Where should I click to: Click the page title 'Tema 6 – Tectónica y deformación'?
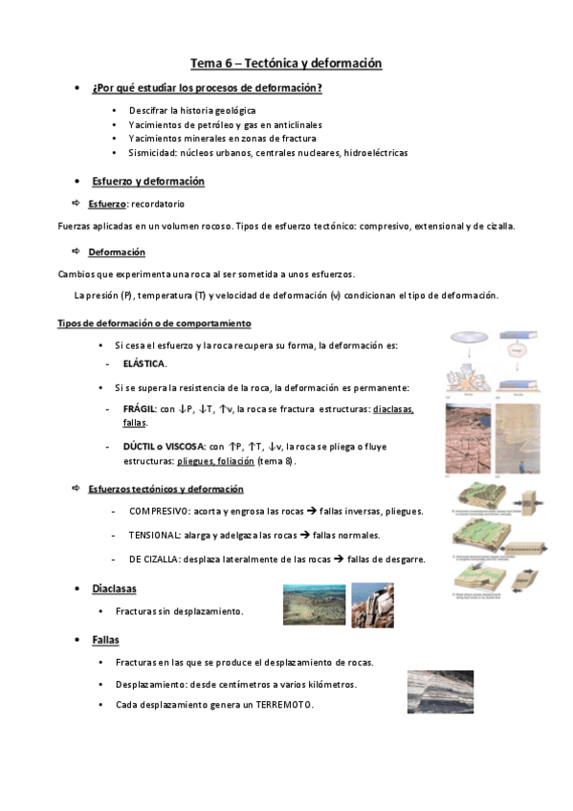coord(286,63)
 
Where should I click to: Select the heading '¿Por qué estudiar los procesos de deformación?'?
coord(207,88)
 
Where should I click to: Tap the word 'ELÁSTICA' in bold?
coord(144,363)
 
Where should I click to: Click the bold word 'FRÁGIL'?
coord(140,408)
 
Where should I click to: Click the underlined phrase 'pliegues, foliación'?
coord(215,460)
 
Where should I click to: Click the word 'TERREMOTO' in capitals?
coord(284,705)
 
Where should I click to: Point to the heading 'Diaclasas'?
coord(114,588)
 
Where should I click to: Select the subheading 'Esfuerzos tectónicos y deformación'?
coord(165,489)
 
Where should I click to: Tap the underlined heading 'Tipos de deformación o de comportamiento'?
coord(141,323)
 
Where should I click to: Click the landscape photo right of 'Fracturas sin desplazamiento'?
coord(314,604)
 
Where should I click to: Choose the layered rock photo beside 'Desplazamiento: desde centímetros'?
coord(440,690)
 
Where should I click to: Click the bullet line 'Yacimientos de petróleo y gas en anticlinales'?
coord(225,124)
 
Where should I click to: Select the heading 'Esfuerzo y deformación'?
coord(147,181)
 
